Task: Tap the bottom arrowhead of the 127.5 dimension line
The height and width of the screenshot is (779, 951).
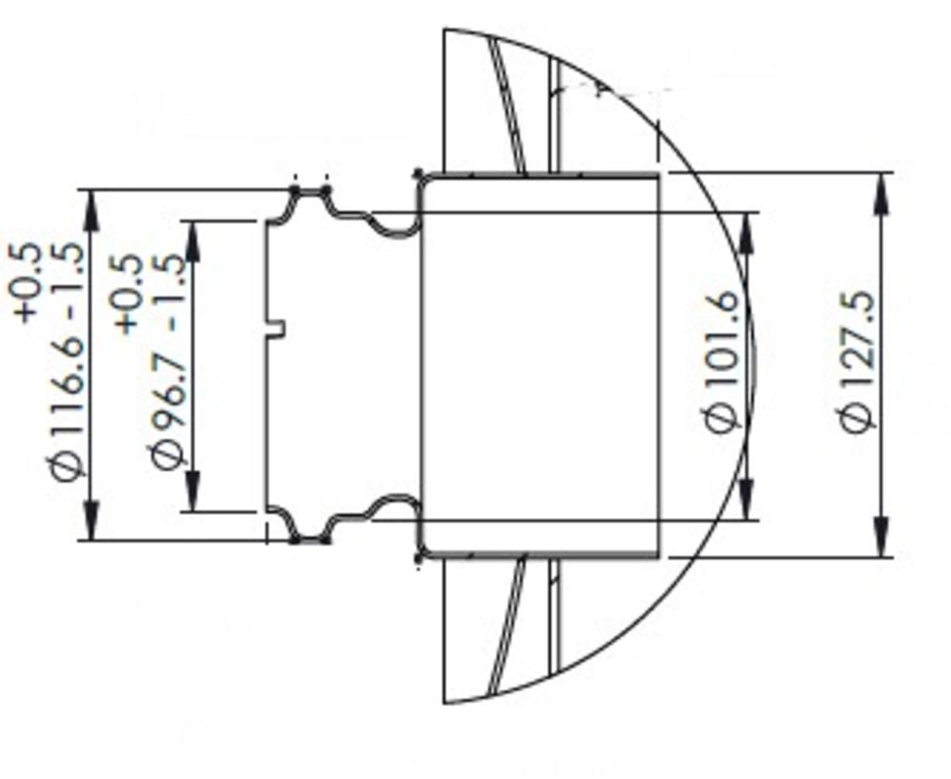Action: (x=882, y=541)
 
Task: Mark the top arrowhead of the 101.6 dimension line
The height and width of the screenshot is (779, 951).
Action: (x=747, y=228)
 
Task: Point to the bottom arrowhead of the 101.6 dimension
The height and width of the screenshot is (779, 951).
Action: (x=747, y=504)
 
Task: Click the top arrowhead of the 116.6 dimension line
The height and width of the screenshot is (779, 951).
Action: (x=91, y=206)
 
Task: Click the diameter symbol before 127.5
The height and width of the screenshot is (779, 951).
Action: (x=858, y=416)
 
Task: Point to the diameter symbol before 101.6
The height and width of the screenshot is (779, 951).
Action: (x=723, y=416)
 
